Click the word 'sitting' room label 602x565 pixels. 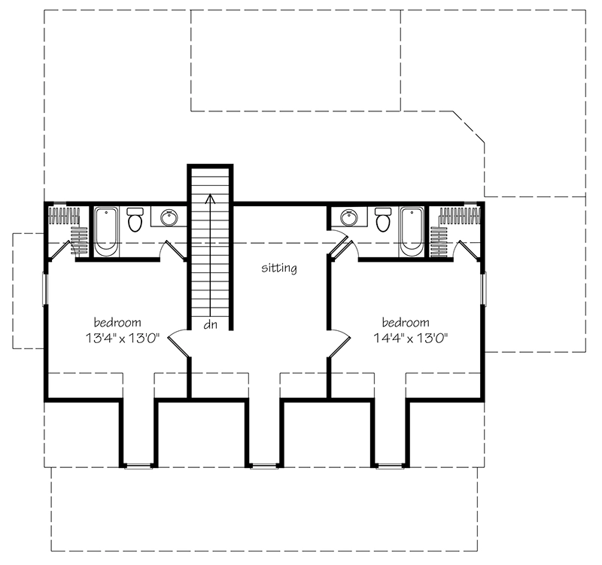pos(279,268)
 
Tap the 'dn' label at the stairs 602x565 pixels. pos(210,326)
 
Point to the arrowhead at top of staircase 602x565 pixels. pos(210,199)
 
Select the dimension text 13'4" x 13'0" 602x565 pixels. pos(120,338)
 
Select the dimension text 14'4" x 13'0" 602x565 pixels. pos(410,338)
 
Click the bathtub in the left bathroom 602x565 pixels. pos(106,230)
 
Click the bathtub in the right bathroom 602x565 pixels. pos(411,230)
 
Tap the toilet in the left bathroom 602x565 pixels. pos(135,220)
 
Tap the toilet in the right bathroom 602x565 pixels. pos(382,220)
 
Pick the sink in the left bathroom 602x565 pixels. pos(169,218)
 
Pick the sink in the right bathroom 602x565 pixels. pos(348,218)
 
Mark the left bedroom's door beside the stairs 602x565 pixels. pos(177,342)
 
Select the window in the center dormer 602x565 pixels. pos(263,466)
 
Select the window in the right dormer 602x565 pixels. pos(389,466)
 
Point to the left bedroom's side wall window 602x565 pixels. pos(44,290)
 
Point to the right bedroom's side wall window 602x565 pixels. pos(483,290)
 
